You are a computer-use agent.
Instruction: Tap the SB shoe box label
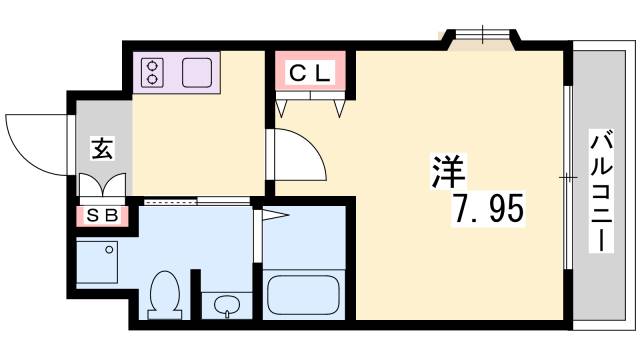[x=101, y=214]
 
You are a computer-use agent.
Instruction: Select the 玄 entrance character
[x=102, y=148]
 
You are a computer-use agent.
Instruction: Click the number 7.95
[x=486, y=210]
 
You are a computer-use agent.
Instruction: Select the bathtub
[x=304, y=294]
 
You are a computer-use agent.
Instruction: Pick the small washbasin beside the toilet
[x=226, y=305]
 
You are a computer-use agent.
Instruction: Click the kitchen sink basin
[x=196, y=73]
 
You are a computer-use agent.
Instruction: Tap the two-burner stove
[x=154, y=73]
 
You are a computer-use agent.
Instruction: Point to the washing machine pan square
[x=97, y=261]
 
